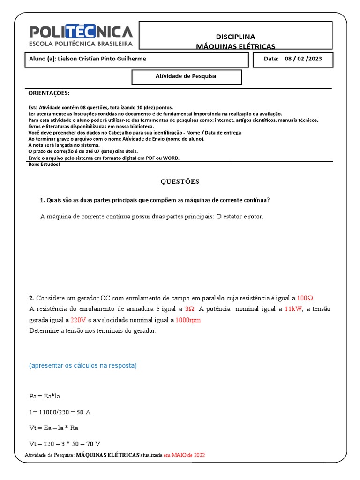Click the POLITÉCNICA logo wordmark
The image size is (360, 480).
[x=82, y=32]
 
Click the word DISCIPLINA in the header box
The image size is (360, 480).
[x=235, y=37]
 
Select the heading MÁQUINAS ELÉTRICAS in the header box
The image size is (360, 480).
[x=235, y=46]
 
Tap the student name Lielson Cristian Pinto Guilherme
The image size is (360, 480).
[x=101, y=59]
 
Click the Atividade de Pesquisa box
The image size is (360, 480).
[x=186, y=76]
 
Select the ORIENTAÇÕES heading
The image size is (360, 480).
[x=49, y=93]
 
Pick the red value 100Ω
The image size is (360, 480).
[x=306, y=298]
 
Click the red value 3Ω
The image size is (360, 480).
[x=189, y=309]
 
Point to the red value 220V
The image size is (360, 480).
[x=79, y=320]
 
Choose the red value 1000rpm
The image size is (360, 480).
[x=189, y=320]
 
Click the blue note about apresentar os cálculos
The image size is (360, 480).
[x=83, y=365]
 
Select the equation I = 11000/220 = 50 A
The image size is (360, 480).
[x=60, y=412]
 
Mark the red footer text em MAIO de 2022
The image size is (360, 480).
[x=184, y=455]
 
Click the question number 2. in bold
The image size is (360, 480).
[x=31, y=298]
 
